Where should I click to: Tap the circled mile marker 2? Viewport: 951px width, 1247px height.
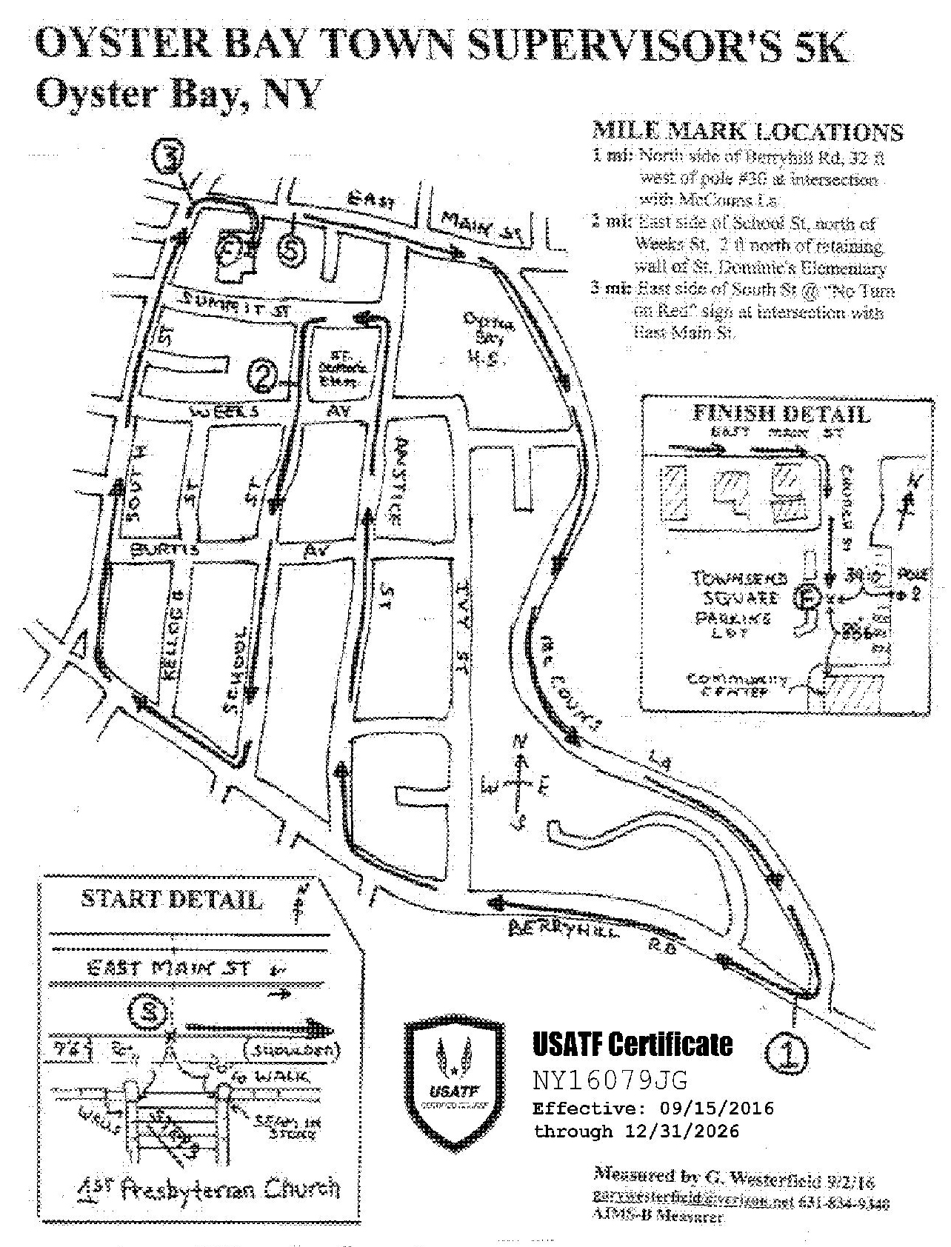264,376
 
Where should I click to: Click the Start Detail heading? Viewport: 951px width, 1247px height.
171,900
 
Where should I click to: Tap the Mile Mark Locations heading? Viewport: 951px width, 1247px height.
747,133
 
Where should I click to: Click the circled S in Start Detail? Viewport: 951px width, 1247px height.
150,1010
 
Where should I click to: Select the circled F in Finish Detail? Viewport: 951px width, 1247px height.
809,597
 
